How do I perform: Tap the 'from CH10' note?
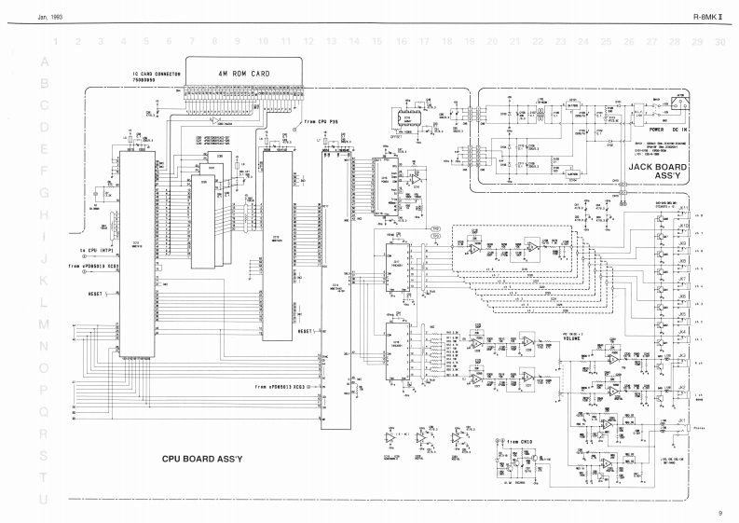(x=518, y=441)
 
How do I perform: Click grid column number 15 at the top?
(x=376, y=42)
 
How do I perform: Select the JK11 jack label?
(x=683, y=208)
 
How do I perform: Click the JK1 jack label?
(x=682, y=420)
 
